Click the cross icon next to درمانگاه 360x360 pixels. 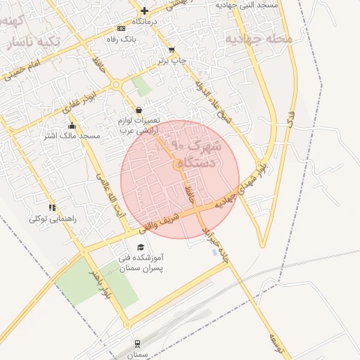point(144,11)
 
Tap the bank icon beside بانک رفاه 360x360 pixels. point(122,28)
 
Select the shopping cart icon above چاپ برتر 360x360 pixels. point(172,50)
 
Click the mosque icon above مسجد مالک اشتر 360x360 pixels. point(72,125)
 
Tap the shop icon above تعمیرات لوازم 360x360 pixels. point(139,110)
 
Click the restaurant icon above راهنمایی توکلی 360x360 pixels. point(52,207)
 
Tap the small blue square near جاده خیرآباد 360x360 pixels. point(214,252)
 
